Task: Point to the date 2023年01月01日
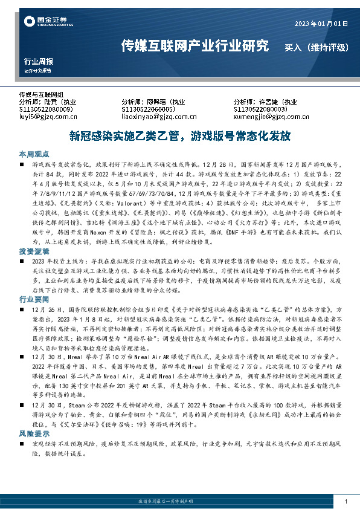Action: pos(321,24)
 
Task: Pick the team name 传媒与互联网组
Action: pos(41,95)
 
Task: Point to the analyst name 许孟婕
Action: pos(269,102)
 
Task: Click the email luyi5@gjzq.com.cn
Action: pos(47,116)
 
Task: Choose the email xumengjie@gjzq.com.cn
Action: pos(268,116)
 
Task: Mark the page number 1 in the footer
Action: pos(345,502)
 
